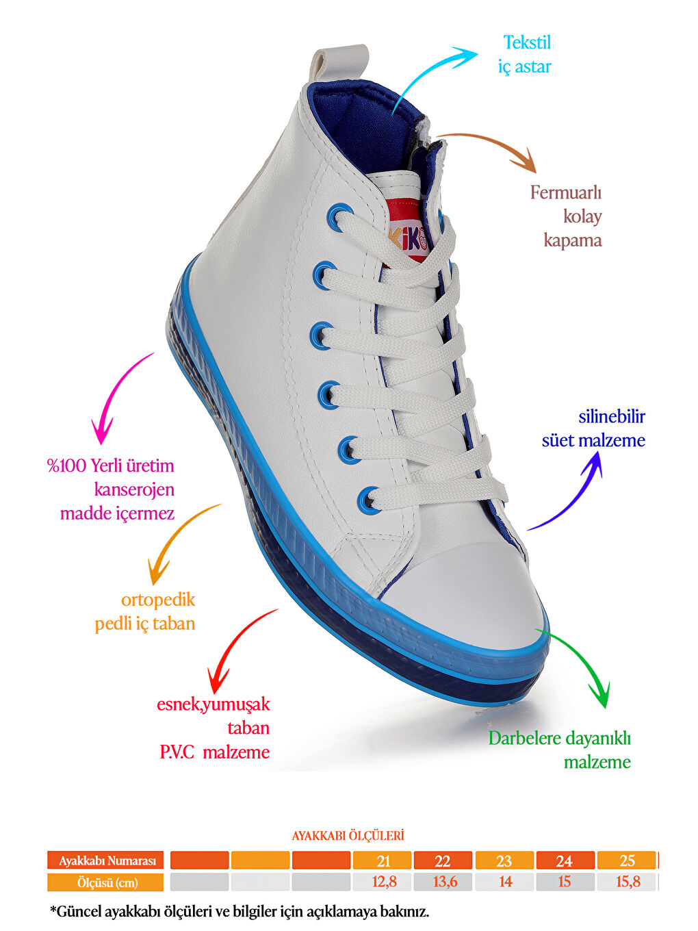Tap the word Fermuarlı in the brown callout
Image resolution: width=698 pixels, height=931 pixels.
pyautogui.click(x=566, y=193)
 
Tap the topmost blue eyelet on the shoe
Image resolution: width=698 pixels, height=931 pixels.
pyautogui.click(x=339, y=217)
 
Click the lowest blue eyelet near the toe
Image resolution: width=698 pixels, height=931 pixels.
pyautogui.click(x=369, y=499)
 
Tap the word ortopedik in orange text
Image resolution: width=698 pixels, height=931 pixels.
pyautogui.click(x=158, y=600)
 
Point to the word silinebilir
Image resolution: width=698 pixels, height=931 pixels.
pyautogui.click(x=612, y=416)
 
